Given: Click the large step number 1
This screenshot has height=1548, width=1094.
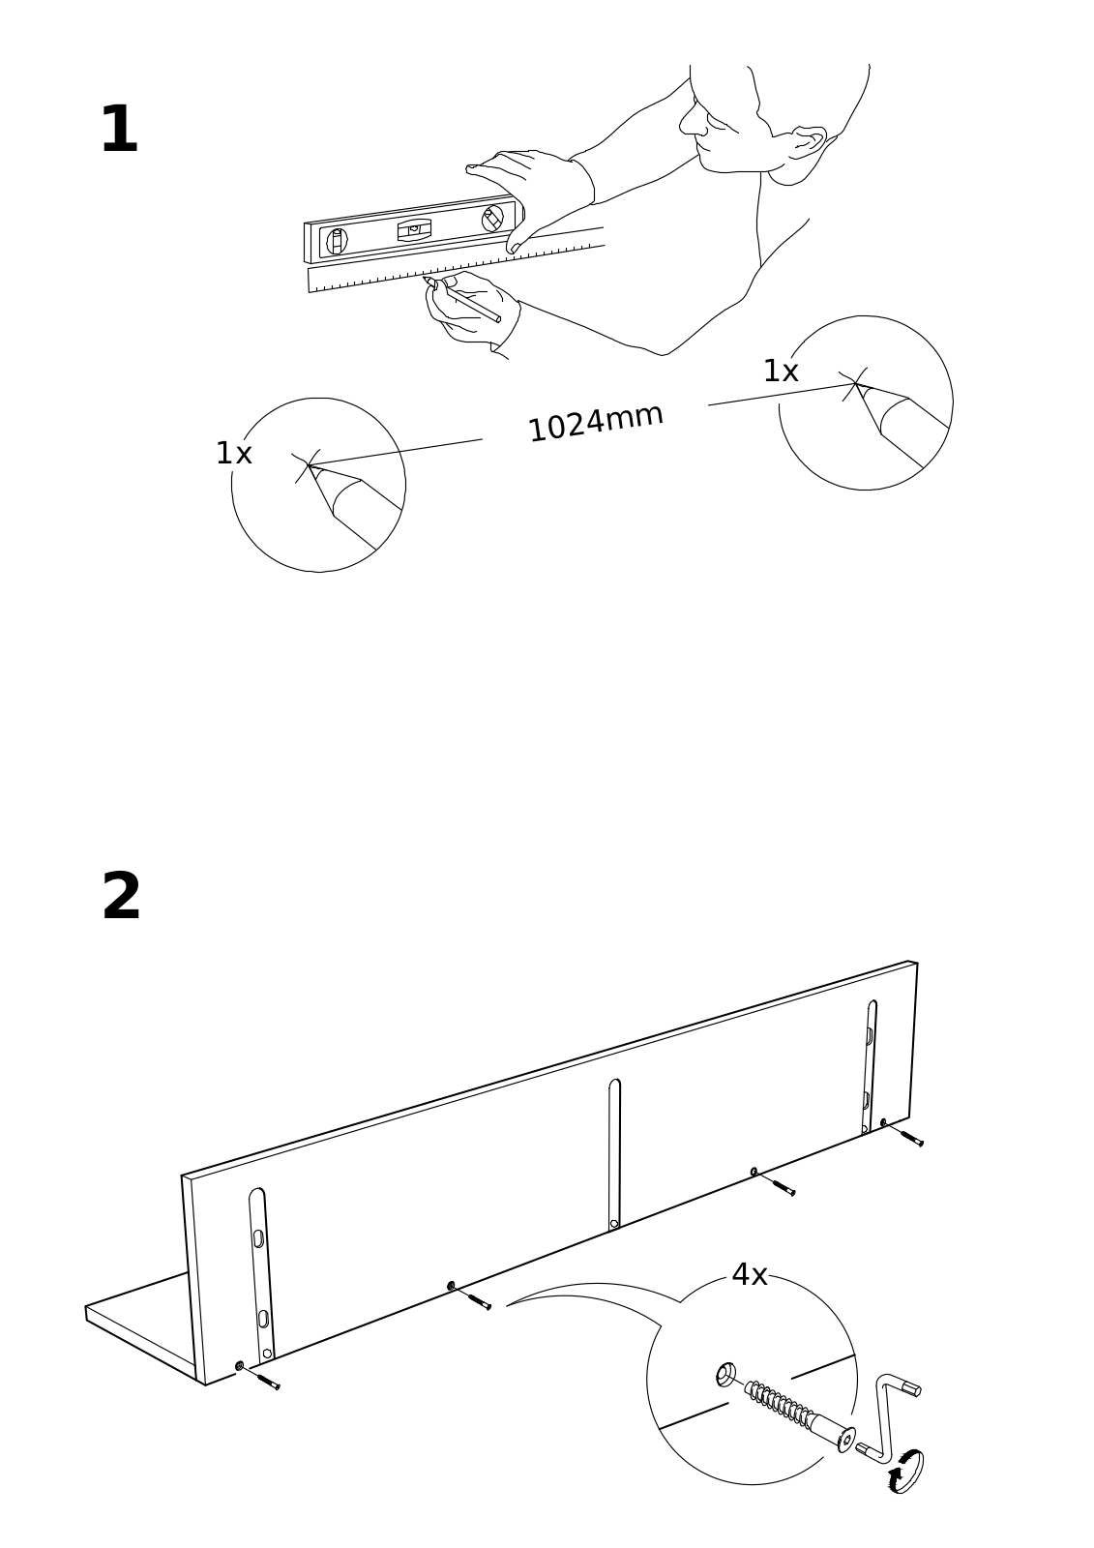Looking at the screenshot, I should pyautogui.click(x=119, y=131).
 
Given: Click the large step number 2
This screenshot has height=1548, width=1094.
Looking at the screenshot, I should pyautogui.click(x=121, y=897).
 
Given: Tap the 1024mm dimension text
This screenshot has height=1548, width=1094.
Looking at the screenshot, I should pyautogui.click(x=595, y=422).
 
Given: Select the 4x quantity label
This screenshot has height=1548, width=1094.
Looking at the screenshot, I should pyautogui.click(x=749, y=1275).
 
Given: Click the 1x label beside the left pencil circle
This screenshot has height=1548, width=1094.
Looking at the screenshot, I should pyautogui.click(x=233, y=453).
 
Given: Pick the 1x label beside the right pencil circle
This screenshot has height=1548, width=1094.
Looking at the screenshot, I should pyautogui.click(x=780, y=372).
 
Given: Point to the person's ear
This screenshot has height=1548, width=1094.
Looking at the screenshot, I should pyautogui.click(x=808, y=141).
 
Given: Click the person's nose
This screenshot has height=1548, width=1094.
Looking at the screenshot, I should pyautogui.click(x=689, y=121).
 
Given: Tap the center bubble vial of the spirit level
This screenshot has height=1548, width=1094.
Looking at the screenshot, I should pyautogui.click(x=414, y=229).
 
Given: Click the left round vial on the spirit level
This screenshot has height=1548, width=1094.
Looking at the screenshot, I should pyautogui.click(x=337, y=240).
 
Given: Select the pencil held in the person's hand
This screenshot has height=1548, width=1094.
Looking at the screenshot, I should pyautogui.click(x=468, y=300).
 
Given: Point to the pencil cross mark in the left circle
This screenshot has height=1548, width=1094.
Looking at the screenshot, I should pyautogui.click(x=309, y=465).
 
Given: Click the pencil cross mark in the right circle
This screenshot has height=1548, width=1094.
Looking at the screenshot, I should pyautogui.click(x=854, y=384).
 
